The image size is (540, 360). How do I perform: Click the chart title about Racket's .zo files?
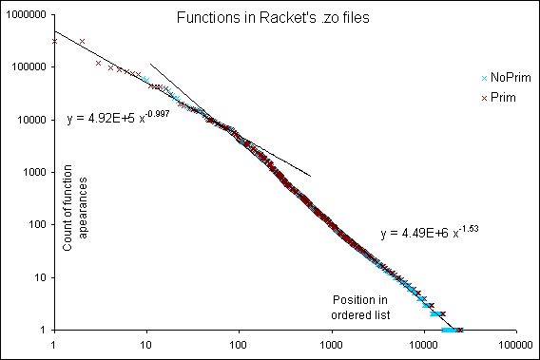pos(270,18)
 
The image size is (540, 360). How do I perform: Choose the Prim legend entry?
pos(497,97)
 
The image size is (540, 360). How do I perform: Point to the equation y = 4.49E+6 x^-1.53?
pos(433,231)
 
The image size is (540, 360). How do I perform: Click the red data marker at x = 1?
pos(54,41)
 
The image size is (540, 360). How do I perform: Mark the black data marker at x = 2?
pos(82,41)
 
